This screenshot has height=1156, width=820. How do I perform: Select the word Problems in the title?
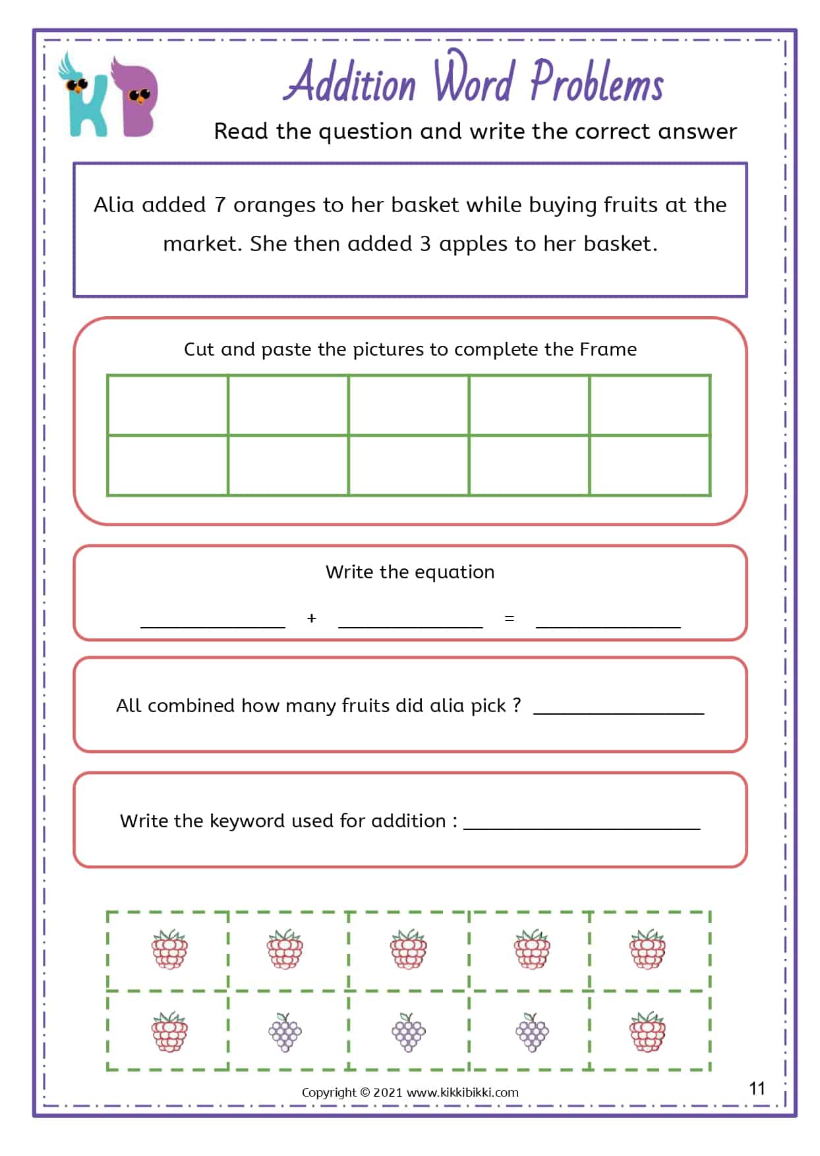[x=597, y=83]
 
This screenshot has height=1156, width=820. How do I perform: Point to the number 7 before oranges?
[x=220, y=206]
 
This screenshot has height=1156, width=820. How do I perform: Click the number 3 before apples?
[x=425, y=244]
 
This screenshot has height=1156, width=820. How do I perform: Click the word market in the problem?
[x=200, y=244]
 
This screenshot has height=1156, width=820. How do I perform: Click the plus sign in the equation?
[x=312, y=619]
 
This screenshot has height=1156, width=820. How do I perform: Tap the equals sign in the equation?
[x=509, y=619]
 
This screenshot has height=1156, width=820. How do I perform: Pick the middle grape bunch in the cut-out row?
[x=409, y=1032]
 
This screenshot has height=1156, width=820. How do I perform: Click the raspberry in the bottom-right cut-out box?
[x=648, y=1032]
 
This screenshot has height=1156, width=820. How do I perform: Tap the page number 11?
[x=757, y=1088]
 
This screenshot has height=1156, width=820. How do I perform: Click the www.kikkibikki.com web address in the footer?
[x=462, y=1092]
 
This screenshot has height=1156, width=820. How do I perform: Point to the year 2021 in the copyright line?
[x=388, y=1092]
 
